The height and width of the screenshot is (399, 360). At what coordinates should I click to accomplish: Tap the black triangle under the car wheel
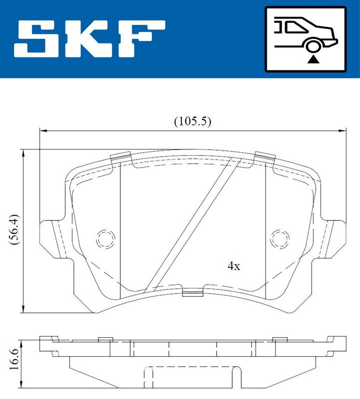point(313,59)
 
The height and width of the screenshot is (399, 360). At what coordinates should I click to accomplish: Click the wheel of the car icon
point(313,46)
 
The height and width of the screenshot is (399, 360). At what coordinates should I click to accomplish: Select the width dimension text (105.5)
point(193,121)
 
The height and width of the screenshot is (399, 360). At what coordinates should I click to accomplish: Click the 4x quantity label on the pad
point(234,266)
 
